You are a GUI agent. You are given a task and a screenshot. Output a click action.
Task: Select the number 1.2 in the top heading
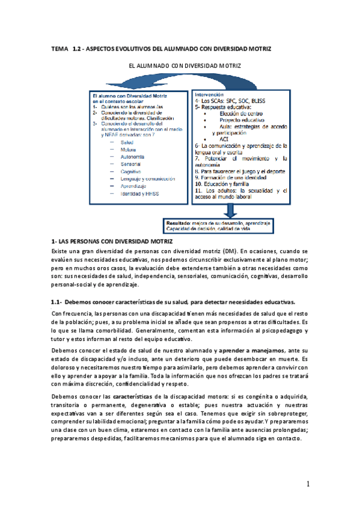click(x=77, y=47)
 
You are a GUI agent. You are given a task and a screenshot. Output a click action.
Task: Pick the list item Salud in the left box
click(x=127, y=142)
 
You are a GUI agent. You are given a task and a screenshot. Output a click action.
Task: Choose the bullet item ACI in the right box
click(x=224, y=138)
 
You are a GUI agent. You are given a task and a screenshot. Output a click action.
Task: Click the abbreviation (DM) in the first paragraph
click(x=227, y=234)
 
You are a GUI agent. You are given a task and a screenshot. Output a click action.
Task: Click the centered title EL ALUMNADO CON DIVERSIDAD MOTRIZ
click(x=179, y=69)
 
